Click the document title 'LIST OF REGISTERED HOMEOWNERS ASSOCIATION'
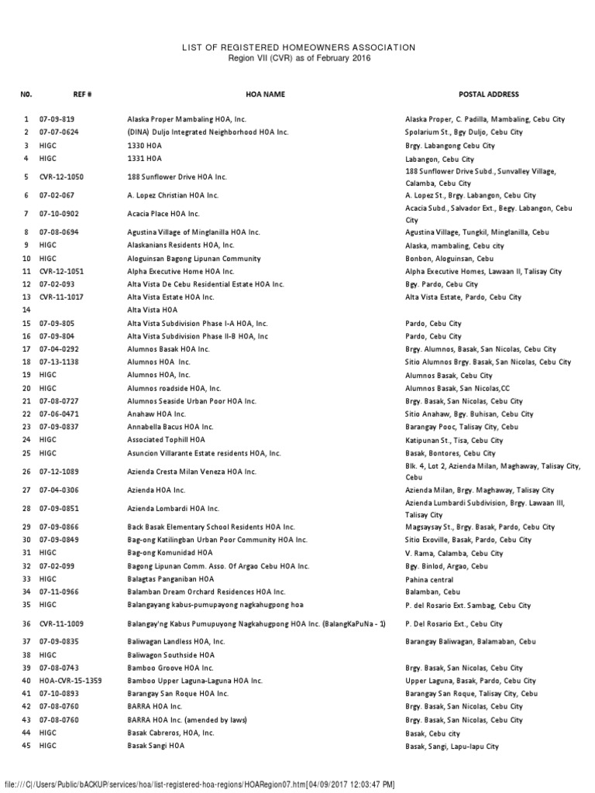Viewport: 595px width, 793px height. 297,48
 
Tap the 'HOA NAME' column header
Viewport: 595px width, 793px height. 265,94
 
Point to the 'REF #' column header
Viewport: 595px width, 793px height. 83,94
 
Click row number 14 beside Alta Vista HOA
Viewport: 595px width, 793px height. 26,309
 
